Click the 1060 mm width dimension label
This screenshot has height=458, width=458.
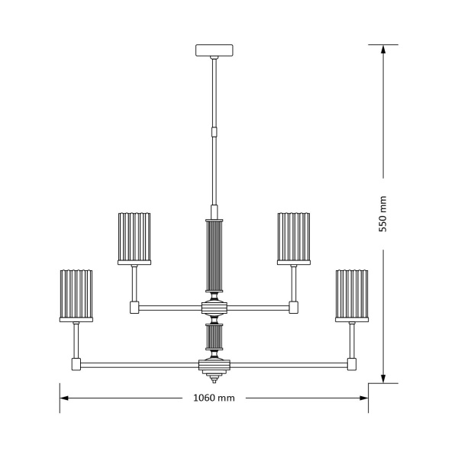214,398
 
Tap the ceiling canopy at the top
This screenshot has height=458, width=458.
214,51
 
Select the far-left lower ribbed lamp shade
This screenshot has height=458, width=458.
76,296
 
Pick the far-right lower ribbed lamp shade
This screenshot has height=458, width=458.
351,296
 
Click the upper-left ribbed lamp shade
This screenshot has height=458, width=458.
135,237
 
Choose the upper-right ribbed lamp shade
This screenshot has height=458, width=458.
294,237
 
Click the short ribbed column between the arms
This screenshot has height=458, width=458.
214,337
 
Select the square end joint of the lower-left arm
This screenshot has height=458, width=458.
76,364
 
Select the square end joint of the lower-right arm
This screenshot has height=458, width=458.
352,364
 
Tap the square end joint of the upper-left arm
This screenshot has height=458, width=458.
135,308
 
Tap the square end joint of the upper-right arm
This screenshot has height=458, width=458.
293,308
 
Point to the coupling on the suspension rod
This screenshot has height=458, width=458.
214,131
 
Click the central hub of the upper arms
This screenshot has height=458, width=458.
214,308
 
